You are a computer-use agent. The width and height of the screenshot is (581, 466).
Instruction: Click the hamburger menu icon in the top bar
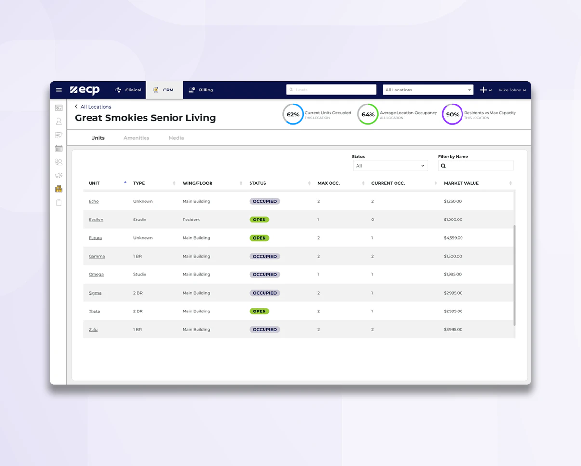(59, 90)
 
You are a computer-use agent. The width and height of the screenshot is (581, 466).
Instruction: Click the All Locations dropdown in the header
(428, 90)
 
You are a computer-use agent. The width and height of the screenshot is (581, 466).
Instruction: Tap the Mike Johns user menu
(512, 90)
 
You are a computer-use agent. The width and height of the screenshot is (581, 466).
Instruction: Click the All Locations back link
(95, 107)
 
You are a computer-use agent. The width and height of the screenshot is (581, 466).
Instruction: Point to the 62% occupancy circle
(293, 115)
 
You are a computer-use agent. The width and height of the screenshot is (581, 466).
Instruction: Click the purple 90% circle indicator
(452, 115)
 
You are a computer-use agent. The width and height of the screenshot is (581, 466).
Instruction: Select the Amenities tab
(136, 138)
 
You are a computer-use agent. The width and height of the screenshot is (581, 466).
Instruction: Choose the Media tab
(176, 138)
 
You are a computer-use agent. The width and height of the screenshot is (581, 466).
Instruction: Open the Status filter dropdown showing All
(390, 166)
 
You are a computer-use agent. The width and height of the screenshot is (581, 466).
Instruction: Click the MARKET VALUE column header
(462, 183)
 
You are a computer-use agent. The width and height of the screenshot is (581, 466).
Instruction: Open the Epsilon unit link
(96, 220)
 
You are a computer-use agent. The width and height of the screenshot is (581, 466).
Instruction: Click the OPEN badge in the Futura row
(259, 238)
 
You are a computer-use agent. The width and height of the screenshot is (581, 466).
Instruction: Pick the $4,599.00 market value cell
(453, 238)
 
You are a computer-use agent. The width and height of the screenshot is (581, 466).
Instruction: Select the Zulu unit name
(93, 330)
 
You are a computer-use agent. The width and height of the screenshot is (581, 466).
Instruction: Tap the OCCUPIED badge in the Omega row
(264, 275)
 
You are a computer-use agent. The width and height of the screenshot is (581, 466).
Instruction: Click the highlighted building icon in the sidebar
(59, 189)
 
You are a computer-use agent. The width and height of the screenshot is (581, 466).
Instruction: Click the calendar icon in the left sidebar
(59, 148)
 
